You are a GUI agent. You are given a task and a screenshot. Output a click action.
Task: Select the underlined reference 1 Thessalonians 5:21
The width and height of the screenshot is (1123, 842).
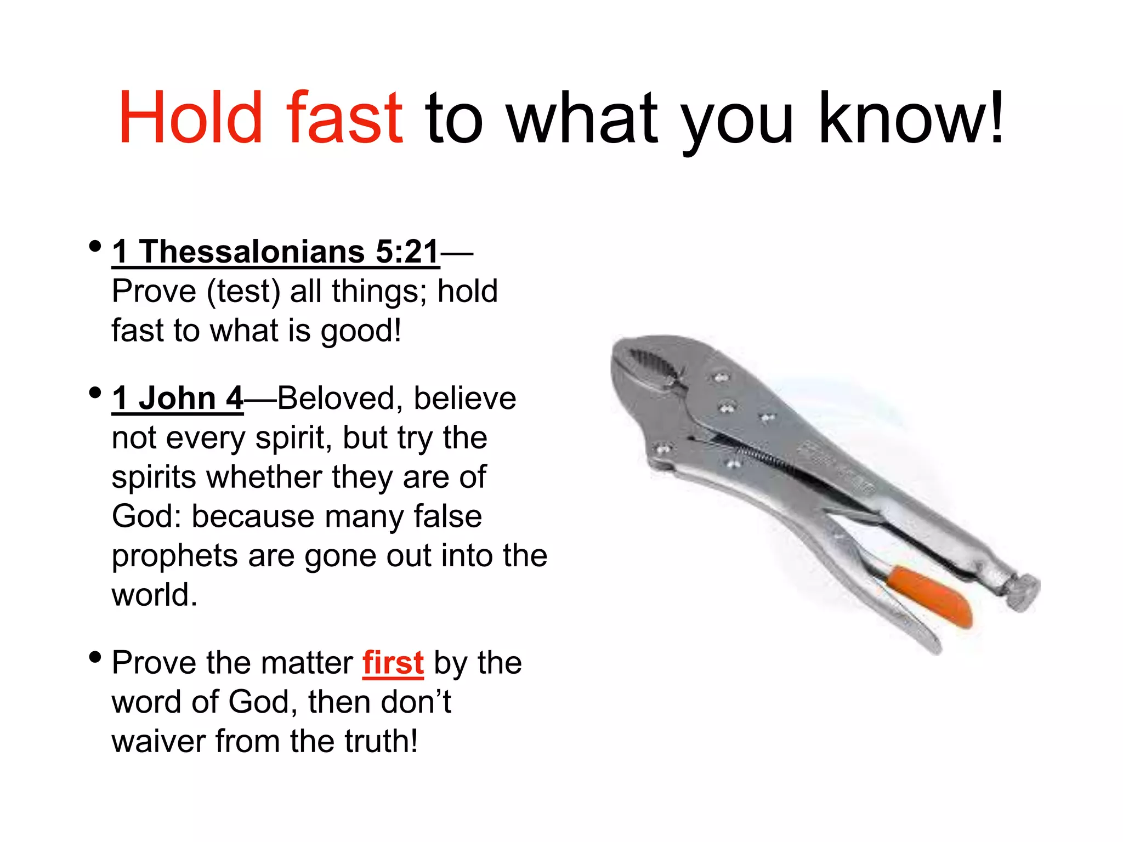point(275,252)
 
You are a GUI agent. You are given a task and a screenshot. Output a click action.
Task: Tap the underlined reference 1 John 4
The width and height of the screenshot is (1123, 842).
point(177,399)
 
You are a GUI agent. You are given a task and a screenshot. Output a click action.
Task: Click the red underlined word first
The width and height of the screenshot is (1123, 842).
point(393,663)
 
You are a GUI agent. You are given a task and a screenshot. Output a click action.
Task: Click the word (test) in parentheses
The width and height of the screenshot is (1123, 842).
point(243,292)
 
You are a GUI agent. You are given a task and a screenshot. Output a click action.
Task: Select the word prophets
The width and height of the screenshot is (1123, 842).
point(174,556)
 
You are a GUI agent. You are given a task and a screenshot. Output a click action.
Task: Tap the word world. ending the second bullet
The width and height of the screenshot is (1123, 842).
point(154,595)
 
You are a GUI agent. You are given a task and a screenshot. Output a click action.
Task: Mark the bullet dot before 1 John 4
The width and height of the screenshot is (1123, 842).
point(95,392)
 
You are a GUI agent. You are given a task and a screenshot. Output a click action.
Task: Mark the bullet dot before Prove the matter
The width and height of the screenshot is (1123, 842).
point(95,657)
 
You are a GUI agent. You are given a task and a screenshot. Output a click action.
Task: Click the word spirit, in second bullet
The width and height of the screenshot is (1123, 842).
point(293,438)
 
